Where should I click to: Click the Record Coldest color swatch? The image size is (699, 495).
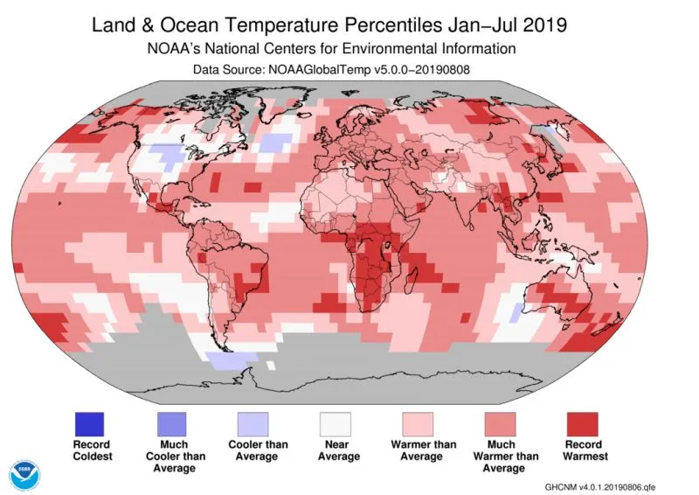[88, 424]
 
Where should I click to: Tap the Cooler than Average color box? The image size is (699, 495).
[253, 424]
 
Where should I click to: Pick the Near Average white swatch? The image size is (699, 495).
[336, 424]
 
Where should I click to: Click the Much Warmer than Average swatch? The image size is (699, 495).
[501, 424]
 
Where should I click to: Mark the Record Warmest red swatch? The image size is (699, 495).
[584, 424]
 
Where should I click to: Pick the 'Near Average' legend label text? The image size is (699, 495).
[337, 450]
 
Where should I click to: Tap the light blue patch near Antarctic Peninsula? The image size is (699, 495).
[229, 359]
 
